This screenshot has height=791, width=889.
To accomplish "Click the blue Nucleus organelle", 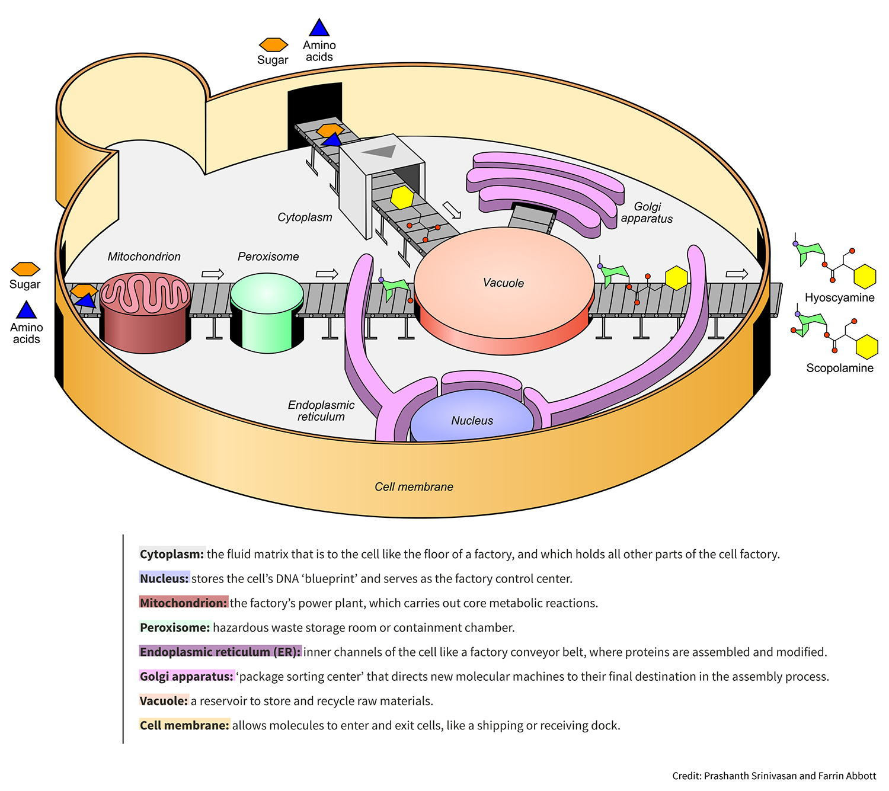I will click(471, 418).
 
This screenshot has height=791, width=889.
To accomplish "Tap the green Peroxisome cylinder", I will click(267, 311).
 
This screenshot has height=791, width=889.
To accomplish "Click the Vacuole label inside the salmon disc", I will click(503, 283).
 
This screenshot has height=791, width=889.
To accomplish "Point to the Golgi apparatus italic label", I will click(647, 213).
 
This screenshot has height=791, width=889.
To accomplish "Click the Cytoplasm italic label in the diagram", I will click(305, 217).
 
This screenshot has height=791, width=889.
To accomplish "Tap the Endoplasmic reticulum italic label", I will click(321, 411).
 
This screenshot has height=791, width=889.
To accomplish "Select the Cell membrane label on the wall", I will click(414, 487).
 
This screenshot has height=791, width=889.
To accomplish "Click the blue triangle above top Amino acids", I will click(319, 28).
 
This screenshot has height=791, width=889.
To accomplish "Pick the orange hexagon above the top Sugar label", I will click(273, 45).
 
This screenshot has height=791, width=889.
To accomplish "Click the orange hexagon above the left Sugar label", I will click(25, 269).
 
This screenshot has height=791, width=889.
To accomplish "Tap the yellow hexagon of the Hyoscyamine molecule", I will click(865, 277).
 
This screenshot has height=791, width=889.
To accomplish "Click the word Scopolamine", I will click(840, 368).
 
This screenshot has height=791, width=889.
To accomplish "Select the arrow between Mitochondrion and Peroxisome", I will click(213, 274).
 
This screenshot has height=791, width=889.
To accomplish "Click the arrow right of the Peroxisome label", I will click(327, 274).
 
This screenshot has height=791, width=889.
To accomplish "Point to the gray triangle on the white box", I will click(380, 151).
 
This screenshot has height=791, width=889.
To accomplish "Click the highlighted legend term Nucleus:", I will click(164, 578).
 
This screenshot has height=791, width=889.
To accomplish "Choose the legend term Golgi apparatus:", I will click(187, 676).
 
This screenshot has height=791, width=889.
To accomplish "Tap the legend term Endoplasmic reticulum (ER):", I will click(220, 652).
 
